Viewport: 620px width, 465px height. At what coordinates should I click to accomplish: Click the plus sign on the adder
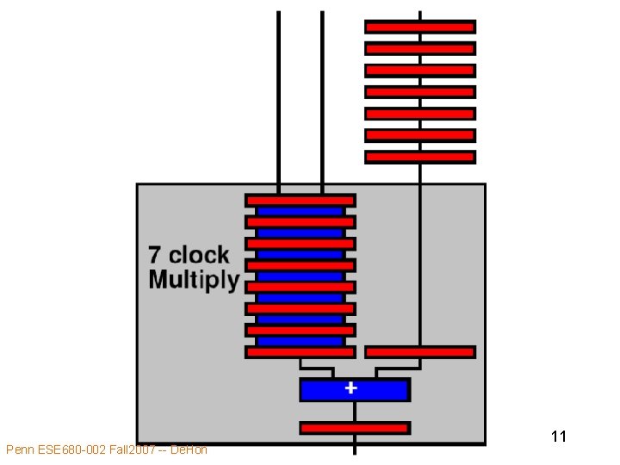click(x=350, y=388)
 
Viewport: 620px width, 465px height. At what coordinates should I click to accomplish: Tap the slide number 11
click(x=558, y=437)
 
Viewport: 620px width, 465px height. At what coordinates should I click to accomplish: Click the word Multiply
click(x=194, y=280)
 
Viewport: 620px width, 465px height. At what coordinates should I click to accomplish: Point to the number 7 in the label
click(x=155, y=256)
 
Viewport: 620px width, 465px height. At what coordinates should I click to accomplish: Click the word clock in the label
click(x=199, y=256)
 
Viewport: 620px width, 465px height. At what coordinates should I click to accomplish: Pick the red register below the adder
click(x=354, y=427)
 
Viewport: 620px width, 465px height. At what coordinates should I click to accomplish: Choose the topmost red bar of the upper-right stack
click(x=419, y=27)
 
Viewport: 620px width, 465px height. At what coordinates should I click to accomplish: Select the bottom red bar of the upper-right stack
click(x=419, y=157)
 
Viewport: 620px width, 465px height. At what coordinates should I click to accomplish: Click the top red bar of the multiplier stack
click(x=300, y=200)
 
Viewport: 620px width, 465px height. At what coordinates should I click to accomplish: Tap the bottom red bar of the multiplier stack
click(x=300, y=351)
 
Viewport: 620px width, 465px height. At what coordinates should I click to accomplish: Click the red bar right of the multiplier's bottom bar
click(x=419, y=351)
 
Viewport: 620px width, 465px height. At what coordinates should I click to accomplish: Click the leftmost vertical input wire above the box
click(x=278, y=95)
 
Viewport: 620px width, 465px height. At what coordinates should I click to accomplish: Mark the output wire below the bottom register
click(x=355, y=444)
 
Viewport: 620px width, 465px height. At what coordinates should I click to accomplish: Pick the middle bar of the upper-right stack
click(x=419, y=91)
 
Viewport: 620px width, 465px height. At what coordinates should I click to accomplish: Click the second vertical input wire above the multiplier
click(x=322, y=95)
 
